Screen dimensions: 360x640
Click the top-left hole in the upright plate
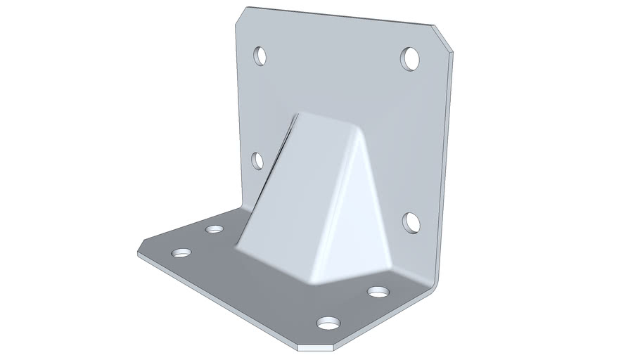(x=260, y=55)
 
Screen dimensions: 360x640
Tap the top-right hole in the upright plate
(x=410, y=58)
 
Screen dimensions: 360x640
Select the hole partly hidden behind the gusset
(x=257, y=161)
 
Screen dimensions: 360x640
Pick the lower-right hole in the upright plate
(x=411, y=222)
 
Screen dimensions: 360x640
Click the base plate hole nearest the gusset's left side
(x=214, y=229)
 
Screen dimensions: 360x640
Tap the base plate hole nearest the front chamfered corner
(x=328, y=323)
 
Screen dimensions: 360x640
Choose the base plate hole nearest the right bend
(x=379, y=291)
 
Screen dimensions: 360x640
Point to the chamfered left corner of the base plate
(x=141, y=246)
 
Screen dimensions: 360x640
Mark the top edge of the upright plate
(x=338, y=17)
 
